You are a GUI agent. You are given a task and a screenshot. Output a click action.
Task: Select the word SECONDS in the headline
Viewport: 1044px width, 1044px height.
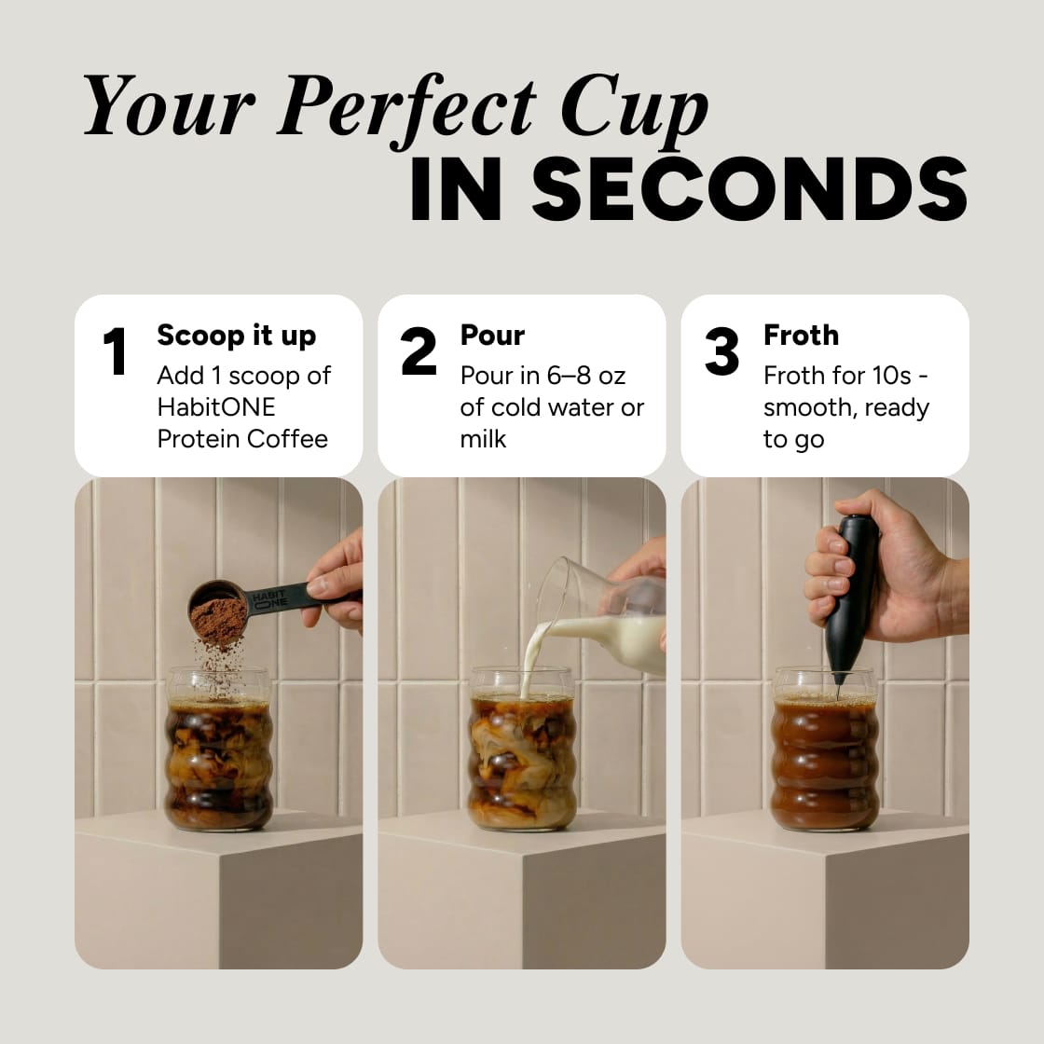pyautogui.click(x=749, y=190)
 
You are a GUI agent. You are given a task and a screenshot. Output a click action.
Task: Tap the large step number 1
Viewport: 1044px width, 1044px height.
pyautogui.click(x=115, y=352)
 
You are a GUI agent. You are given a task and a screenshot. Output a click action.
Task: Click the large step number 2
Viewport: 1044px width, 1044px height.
pyautogui.click(x=419, y=352)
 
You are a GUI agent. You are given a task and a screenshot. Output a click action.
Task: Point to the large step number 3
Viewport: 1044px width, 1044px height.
pyautogui.click(x=722, y=352)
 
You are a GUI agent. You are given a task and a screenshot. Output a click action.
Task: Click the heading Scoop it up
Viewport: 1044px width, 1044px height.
pyautogui.click(x=236, y=336)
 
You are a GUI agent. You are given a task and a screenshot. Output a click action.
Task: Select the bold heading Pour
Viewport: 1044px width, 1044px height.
pyautogui.click(x=492, y=336)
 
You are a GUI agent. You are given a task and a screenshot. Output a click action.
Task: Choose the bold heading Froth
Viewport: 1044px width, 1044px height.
pyautogui.click(x=801, y=336)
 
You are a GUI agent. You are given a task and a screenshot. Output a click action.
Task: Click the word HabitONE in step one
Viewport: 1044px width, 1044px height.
pyautogui.click(x=216, y=407)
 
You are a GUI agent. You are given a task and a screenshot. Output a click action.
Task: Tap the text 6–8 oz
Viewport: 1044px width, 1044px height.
pyautogui.click(x=586, y=376)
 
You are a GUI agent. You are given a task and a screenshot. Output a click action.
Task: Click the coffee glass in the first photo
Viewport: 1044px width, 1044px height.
pyautogui.click(x=219, y=750)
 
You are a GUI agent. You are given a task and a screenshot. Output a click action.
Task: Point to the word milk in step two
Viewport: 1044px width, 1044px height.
pyautogui.click(x=483, y=439)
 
